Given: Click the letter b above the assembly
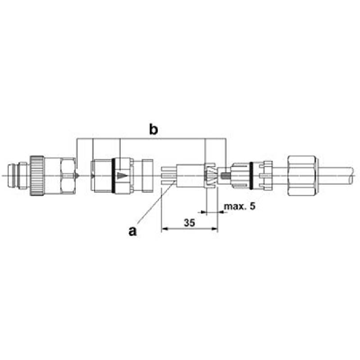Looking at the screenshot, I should (x=153, y=130).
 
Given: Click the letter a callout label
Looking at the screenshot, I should (x=132, y=230).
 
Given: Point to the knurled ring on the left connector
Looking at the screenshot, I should (x=38, y=176).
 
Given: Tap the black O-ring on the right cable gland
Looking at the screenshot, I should (x=253, y=176).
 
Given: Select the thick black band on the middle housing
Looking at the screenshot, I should (x=113, y=177).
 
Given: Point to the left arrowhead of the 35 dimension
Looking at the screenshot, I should (x=164, y=229).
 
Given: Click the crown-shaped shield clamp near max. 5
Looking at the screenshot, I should (x=212, y=177).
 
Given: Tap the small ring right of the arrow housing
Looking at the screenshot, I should (x=148, y=177).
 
